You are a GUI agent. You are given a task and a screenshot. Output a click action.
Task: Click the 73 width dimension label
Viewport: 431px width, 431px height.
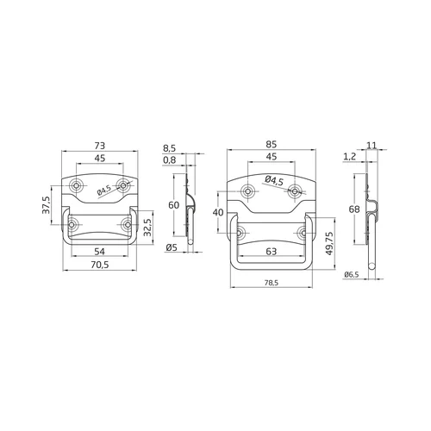(100, 146)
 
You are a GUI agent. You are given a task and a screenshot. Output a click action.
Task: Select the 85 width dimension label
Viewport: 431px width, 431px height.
(271, 144)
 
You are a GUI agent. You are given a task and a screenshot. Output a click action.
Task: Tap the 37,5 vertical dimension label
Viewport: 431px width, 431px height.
(47, 205)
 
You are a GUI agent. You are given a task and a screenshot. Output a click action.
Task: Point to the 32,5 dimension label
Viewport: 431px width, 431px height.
(147, 228)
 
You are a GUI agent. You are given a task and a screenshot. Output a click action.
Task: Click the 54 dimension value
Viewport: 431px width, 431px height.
(99, 252)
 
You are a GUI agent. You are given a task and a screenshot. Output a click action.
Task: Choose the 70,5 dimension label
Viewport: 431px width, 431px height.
(100, 265)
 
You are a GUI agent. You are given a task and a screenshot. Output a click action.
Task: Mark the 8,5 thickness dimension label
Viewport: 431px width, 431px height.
(169, 149)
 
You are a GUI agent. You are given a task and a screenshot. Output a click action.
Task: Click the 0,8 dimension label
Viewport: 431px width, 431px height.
(169, 160)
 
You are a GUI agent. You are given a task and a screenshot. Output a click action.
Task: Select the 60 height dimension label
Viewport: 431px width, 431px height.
(173, 205)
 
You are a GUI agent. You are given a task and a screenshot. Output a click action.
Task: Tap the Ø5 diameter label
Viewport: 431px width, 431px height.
(172, 247)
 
